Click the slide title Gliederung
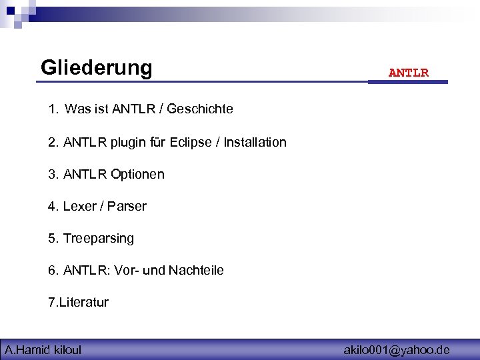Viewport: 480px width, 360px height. click(97, 68)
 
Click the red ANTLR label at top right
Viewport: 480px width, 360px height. click(409, 73)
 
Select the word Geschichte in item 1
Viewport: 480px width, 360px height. click(200, 109)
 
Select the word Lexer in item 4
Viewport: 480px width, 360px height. click(77, 206)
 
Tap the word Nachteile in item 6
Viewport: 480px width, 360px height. click(196, 270)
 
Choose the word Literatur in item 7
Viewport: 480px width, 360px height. click(84, 302)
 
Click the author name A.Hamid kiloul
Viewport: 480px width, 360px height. click(43, 349)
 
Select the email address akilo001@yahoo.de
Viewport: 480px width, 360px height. click(396, 349)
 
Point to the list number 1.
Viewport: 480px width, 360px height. click(53, 109)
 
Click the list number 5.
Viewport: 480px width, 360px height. click(53, 238)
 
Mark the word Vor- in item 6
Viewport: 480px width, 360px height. click(125, 270)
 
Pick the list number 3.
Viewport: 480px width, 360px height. click(53, 174)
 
